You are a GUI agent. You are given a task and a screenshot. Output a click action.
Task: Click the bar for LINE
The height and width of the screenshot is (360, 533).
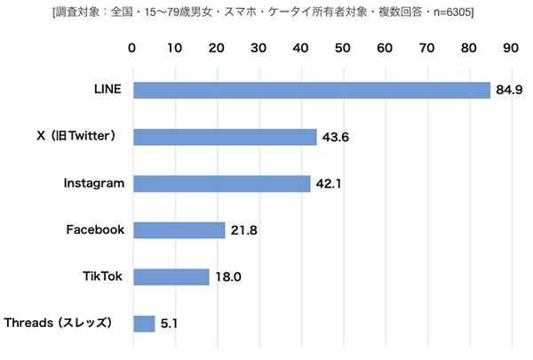(311, 90)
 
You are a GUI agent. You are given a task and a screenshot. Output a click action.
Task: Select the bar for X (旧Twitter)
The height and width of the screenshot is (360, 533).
(225, 137)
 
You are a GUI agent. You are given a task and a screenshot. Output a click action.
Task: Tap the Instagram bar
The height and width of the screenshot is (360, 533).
(221, 183)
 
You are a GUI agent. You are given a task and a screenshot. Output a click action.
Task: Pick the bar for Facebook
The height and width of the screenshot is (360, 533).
(179, 230)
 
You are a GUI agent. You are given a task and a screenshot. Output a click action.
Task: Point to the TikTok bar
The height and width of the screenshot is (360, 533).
(171, 276)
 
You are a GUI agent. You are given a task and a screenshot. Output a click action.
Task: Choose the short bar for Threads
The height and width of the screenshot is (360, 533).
(144, 323)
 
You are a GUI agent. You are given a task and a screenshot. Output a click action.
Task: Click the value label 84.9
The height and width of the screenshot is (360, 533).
(510, 90)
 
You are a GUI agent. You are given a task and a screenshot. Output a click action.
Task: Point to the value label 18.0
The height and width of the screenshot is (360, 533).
(228, 277)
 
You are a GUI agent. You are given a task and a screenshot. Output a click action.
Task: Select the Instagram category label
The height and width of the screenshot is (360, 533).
(93, 183)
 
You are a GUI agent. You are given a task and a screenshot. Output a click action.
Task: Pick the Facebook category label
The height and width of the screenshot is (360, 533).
(95, 230)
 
